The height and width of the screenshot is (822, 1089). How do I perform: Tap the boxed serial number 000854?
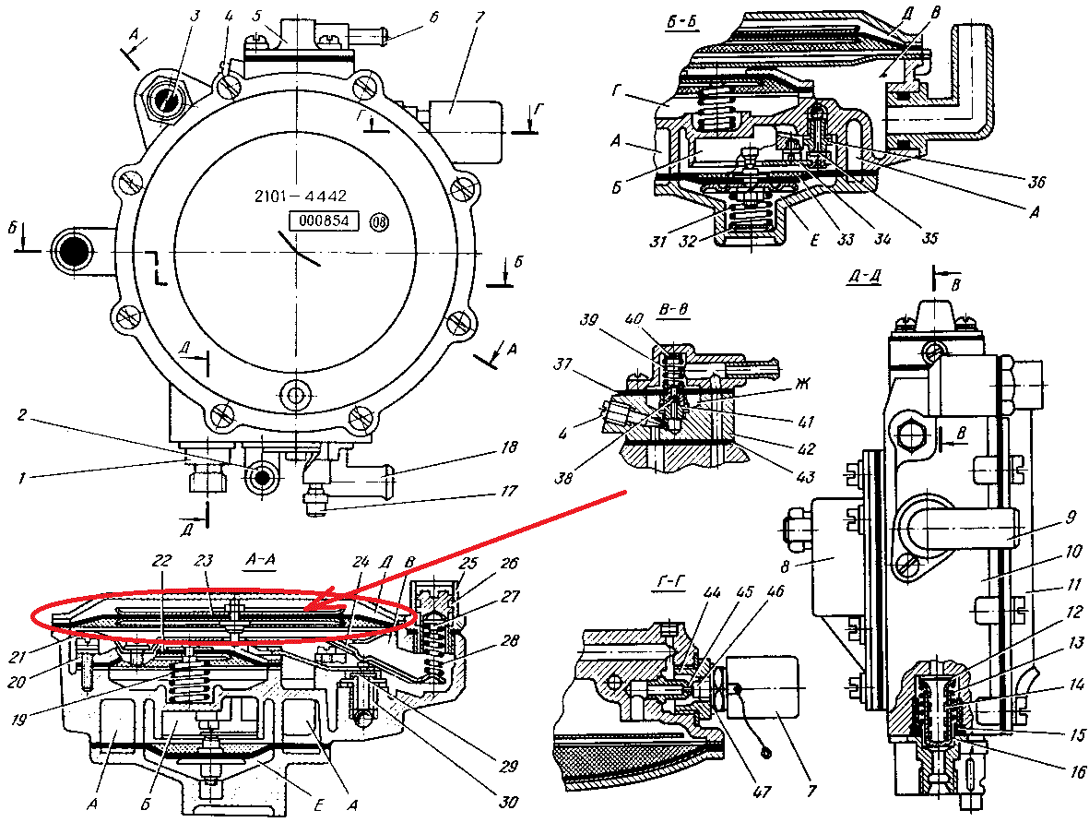tap(323, 221)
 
